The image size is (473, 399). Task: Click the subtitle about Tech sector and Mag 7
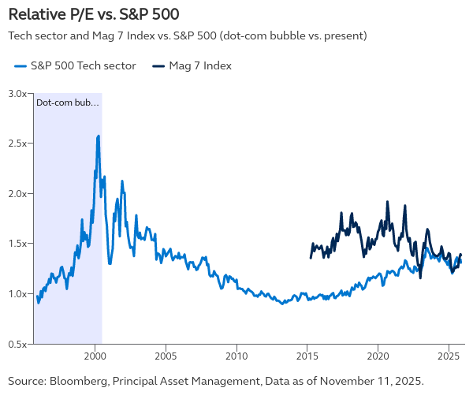tap(187, 36)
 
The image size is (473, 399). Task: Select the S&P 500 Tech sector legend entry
tap(76, 66)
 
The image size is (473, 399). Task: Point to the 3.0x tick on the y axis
tap(18, 93)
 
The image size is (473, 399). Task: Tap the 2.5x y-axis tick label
tap(18, 144)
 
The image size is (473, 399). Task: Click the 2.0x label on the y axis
tap(18, 193)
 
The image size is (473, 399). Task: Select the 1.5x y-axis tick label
tap(18, 244)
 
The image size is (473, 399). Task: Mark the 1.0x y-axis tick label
tap(18, 294)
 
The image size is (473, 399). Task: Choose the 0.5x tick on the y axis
tap(18, 344)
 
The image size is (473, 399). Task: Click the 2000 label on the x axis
tap(95, 355)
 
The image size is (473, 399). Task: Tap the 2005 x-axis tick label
tap(166, 355)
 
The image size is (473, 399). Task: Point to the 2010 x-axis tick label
tap(236, 355)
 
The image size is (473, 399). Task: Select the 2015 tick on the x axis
tap(307, 355)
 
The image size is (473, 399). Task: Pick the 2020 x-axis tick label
tap(378, 355)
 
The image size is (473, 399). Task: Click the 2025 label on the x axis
tap(449, 355)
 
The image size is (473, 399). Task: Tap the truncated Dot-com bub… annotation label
tap(68, 103)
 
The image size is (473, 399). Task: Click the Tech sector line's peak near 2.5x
tap(98, 136)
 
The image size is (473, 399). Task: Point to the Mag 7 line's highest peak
tap(387, 202)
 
